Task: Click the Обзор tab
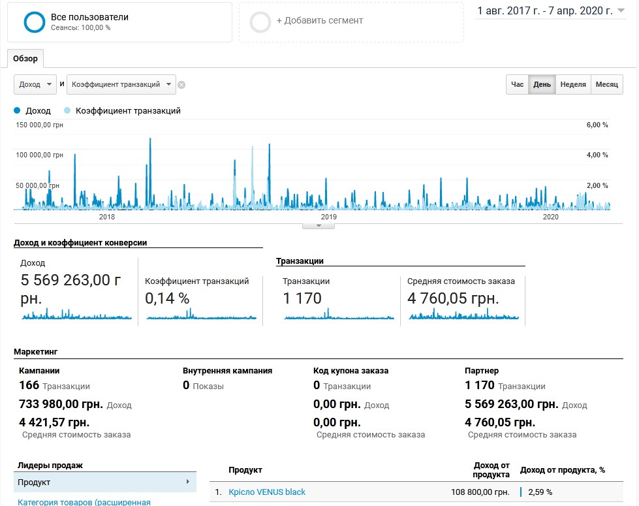(25, 59)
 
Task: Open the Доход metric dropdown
(35, 84)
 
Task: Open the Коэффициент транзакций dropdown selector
(121, 84)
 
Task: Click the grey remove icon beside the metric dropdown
(181, 85)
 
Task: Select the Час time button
(517, 84)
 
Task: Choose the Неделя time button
(573, 84)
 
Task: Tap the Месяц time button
(607, 84)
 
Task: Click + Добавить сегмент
(320, 20)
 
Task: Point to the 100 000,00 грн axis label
(40, 155)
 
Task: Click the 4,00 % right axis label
(597, 155)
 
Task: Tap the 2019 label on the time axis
(329, 217)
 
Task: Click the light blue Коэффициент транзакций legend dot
(67, 110)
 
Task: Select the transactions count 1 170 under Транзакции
(302, 298)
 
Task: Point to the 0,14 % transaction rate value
(167, 298)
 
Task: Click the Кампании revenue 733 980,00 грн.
(61, 404)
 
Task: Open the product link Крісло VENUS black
(267, 492)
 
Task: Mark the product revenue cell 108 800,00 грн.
(480, 492)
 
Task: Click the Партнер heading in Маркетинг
(482, 371)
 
